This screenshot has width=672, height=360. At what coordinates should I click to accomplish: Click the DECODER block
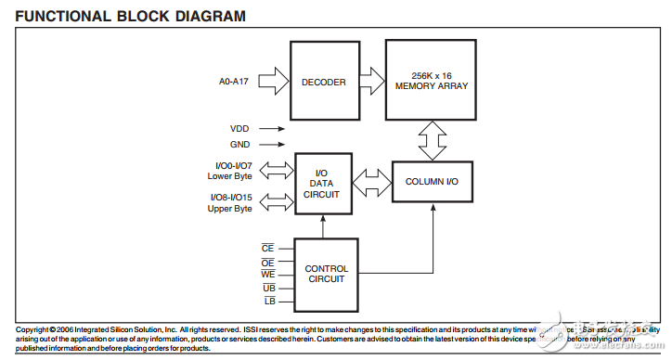323,82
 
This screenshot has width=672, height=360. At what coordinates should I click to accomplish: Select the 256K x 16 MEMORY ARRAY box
432,81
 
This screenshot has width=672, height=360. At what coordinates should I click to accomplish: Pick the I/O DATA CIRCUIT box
322,182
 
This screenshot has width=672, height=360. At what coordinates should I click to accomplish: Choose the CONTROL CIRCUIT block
326,274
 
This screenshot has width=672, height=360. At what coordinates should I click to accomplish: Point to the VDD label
239,130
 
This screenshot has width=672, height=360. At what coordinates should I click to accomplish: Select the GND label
239,145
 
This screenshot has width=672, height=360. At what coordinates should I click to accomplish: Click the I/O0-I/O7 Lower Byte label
228,171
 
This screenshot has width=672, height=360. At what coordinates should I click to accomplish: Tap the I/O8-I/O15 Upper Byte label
228,202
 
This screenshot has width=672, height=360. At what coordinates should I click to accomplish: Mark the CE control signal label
268,248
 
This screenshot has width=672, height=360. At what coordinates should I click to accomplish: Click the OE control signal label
268,262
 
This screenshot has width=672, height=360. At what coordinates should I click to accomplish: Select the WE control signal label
268,275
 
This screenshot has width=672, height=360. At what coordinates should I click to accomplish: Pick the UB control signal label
268,289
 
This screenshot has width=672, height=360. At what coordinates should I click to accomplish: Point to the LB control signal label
268,302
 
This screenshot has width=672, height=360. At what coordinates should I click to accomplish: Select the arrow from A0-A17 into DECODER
274,82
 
